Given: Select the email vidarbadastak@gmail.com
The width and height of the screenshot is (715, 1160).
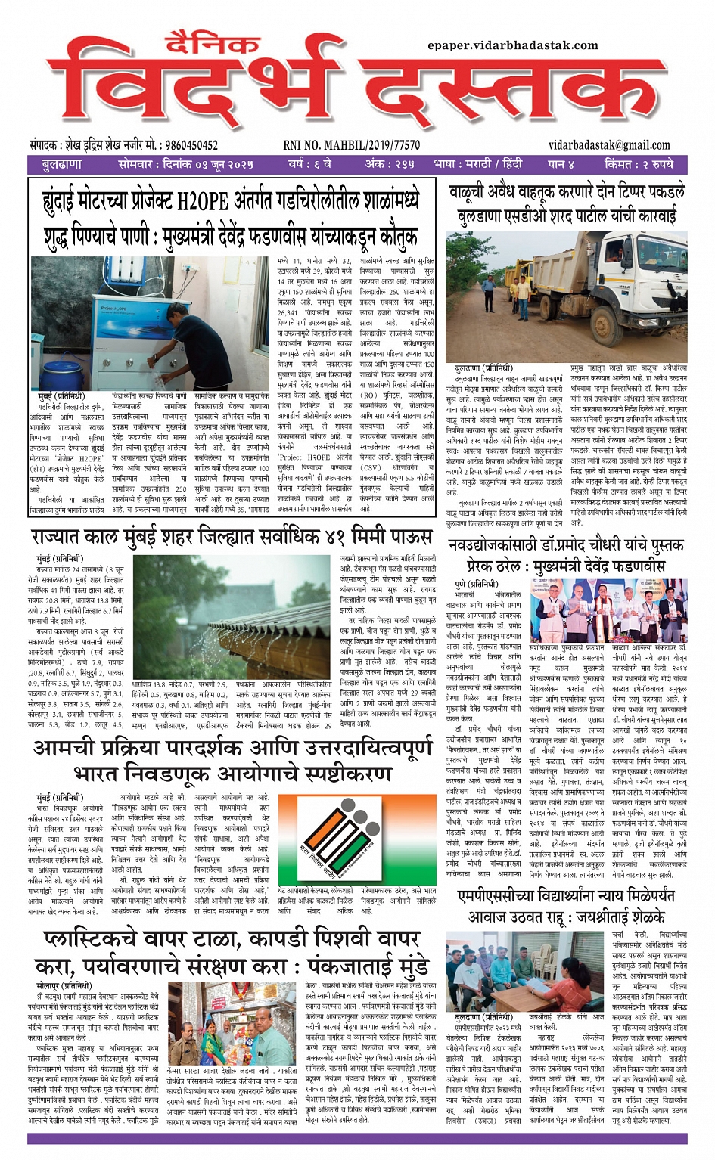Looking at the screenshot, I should click(x=610, y=145).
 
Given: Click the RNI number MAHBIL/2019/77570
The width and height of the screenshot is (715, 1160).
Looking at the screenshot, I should click(x=351, y=145).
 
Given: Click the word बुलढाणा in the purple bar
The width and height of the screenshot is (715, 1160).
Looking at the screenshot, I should click(x=62, y=164).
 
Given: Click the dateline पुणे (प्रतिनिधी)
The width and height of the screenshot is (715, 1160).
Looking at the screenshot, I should click(x=476, y=585).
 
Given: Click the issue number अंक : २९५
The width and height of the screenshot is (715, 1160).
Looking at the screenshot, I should click(x=390, y=164).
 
